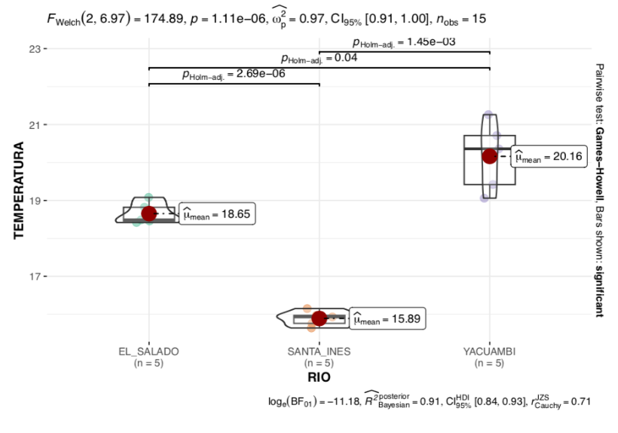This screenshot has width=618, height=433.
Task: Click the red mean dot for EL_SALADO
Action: point(148,214)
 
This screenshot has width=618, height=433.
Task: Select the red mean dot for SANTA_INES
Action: point(319,318)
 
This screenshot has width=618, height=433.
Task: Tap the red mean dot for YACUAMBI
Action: point(490,156)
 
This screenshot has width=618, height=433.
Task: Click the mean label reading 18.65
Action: point(218,215)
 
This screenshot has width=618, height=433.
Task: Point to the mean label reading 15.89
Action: point(388,319)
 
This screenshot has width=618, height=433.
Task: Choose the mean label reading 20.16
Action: point(548,157)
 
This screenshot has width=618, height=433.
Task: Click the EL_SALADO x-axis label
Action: point(148,352)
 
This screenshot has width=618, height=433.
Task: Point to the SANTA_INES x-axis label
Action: point(319,352)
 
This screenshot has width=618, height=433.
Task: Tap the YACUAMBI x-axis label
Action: point(490,352)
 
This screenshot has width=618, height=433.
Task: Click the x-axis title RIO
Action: point(319,376)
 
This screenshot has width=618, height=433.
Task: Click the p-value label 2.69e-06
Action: point(233,75)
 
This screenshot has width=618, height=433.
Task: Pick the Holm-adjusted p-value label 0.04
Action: point(319,58)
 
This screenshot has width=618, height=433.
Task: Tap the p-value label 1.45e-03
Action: point(404,42)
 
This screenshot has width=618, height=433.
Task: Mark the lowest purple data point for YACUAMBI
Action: point(484,198)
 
